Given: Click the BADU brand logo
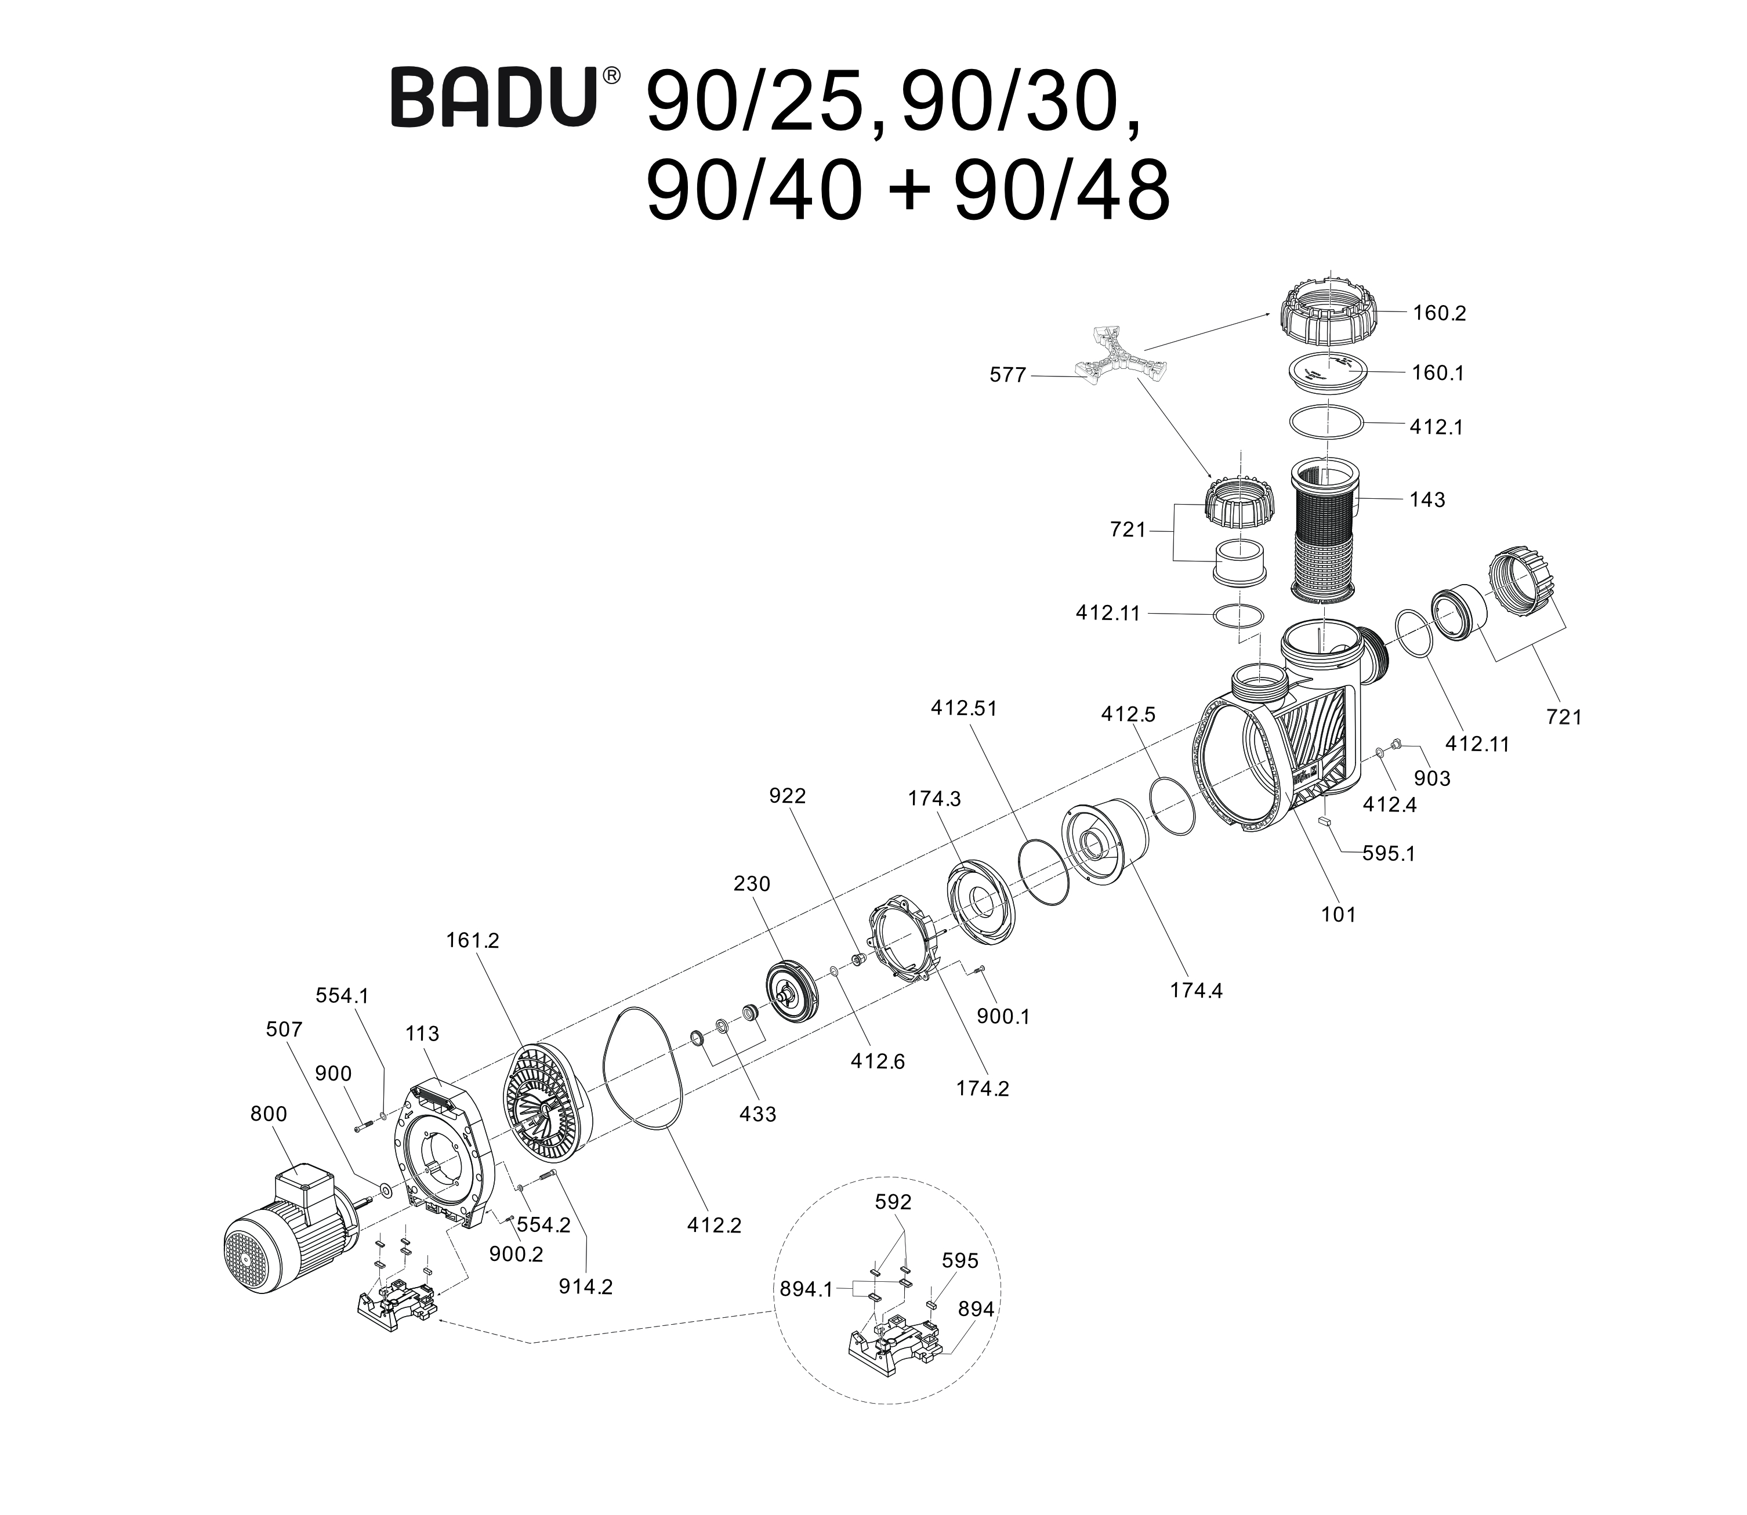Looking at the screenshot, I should click(x=494, y=99).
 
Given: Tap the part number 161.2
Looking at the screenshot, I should click(x=473, y=940).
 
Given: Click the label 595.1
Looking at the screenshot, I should click(x=1388, y=854).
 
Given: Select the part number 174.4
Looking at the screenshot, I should click(x=1196, y=990).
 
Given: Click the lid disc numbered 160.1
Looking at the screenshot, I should click(x=1328, y=372).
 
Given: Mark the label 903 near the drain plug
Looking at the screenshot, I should click(x=1431, y=778).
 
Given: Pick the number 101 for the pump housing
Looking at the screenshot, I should click(x=1338, y=914).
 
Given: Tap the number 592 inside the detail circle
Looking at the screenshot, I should click(x=893, y=1202).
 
